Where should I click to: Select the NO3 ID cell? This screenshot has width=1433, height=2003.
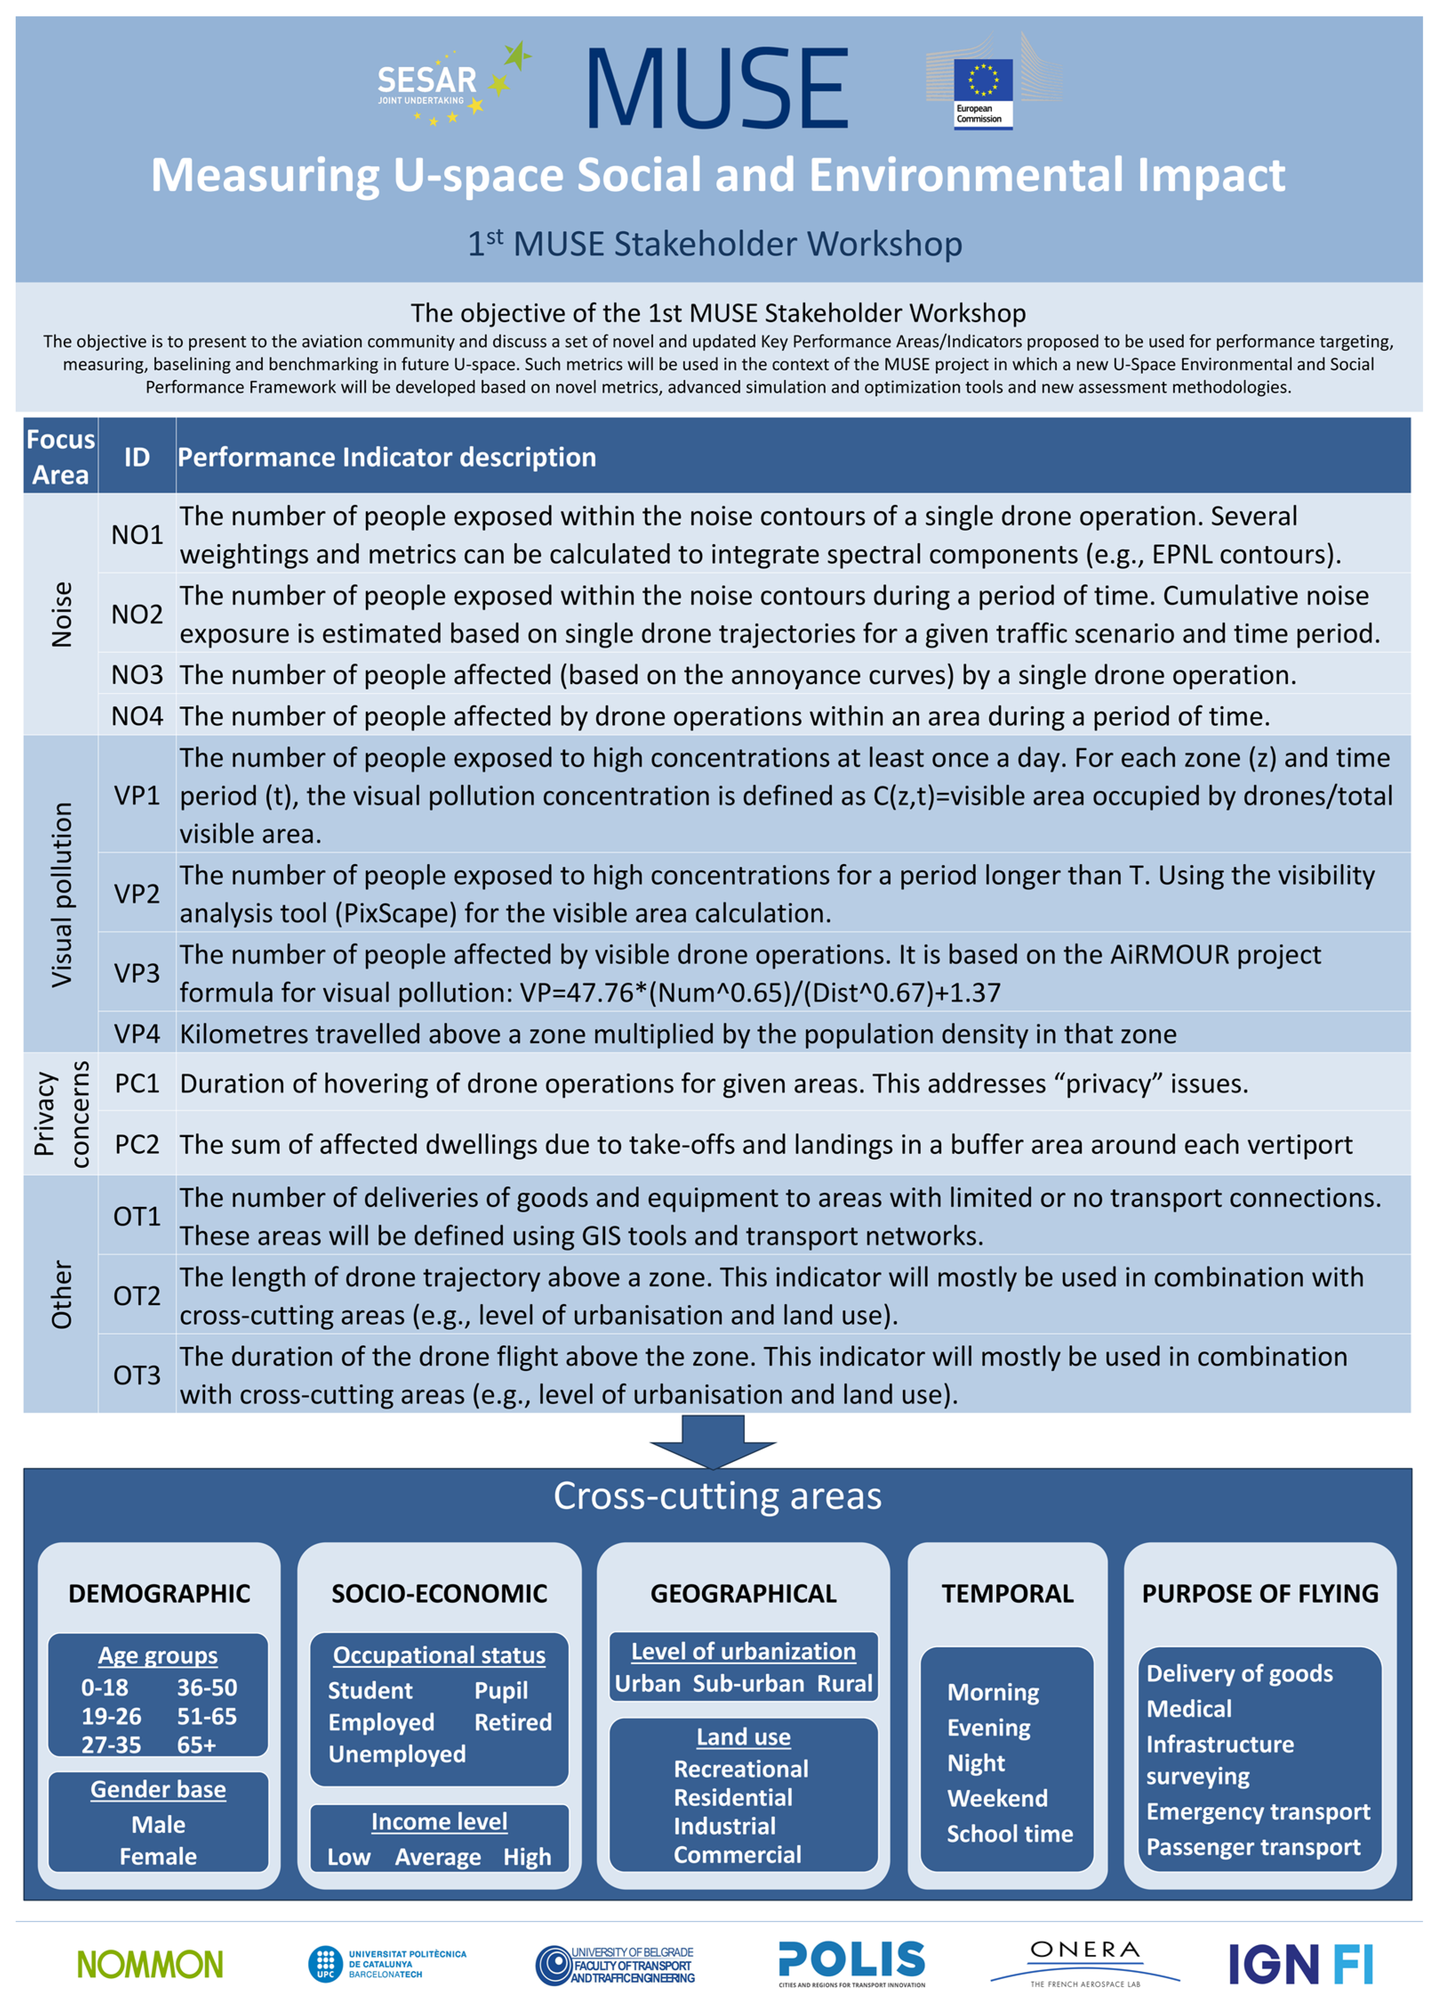click(x=137, y=675)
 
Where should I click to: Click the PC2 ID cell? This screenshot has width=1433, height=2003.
click(x=137, y=1145)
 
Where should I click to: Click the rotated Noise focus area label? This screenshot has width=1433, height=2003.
click(x=61, y=614)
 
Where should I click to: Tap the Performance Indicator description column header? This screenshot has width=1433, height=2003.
click(x=387, y=457)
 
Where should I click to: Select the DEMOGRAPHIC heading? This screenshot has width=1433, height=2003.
click(x=159, y=1594)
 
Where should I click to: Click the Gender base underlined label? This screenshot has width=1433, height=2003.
click(x=158, y=1790)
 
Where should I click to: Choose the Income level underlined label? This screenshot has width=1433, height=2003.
click(x=439, y=1821)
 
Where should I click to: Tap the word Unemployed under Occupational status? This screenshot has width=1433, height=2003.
click(x=397, y=1754)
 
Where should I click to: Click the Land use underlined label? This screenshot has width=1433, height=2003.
click(x=743, y=1737)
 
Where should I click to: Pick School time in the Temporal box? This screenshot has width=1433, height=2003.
click(x=1009, y=1834)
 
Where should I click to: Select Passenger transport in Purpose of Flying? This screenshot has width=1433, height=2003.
click(x=1253, y=1847)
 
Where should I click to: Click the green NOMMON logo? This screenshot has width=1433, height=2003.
click(x=150, y=1964)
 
